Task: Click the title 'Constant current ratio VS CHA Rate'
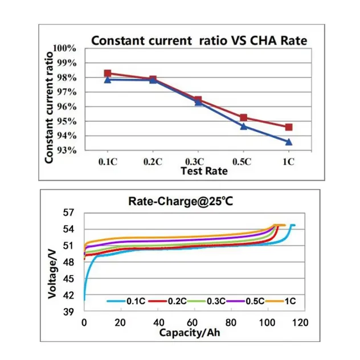point(199,40)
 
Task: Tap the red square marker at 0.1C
point(107,73)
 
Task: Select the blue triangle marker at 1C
point(289,141)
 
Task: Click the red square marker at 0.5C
point(243,117)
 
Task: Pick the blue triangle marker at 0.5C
point(243,126)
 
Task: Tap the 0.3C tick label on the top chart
point(197,162)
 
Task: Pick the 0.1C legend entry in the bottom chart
point(128,300)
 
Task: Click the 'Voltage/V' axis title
point(52,276)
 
